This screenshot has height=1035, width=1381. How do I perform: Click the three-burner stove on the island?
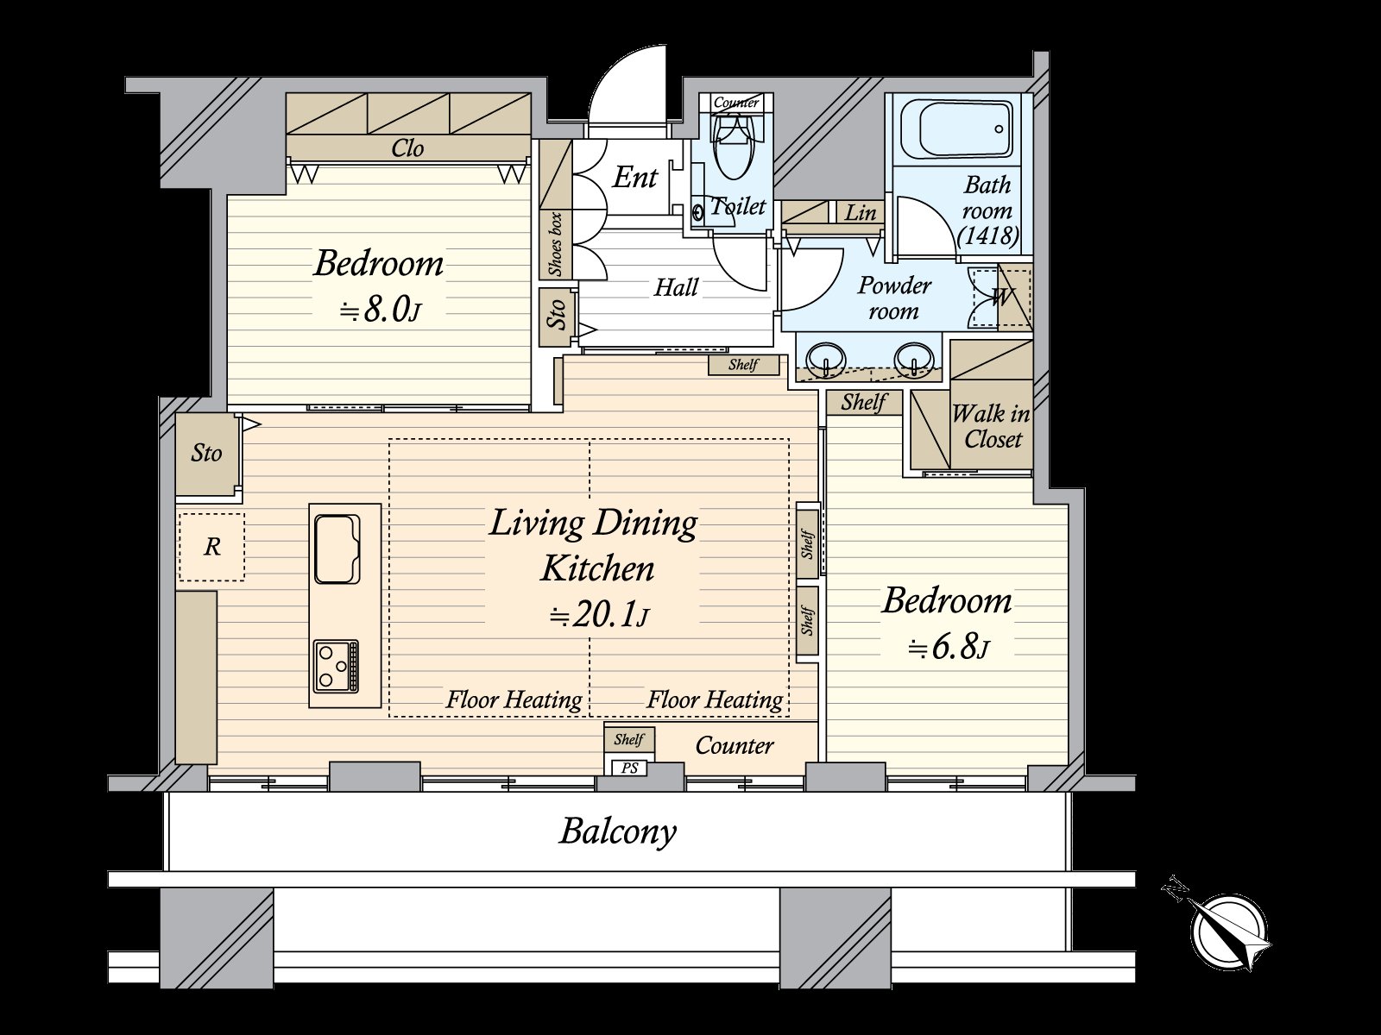point(336,667)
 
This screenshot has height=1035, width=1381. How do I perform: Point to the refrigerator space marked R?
point(212,547)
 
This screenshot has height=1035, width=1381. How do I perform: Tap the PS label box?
point(630,768)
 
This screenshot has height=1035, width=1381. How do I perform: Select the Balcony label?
point(618,832)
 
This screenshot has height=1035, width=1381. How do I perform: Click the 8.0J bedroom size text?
point(380,310)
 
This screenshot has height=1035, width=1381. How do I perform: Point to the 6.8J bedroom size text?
point(949,647)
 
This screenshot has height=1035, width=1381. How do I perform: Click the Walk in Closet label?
point(991,426)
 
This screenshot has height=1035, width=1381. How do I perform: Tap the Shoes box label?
point(556,244)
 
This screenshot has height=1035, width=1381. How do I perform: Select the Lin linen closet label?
point(860,212)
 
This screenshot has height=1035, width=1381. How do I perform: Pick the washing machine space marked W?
point(1001,298)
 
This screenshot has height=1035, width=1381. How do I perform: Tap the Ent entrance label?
point(634,177)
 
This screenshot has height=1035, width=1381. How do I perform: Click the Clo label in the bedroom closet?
point(407,148)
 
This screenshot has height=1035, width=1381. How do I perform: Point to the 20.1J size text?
point(599,616)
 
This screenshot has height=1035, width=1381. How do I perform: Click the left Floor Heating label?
point(514,699)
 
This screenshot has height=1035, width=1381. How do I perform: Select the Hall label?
point(677,287)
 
